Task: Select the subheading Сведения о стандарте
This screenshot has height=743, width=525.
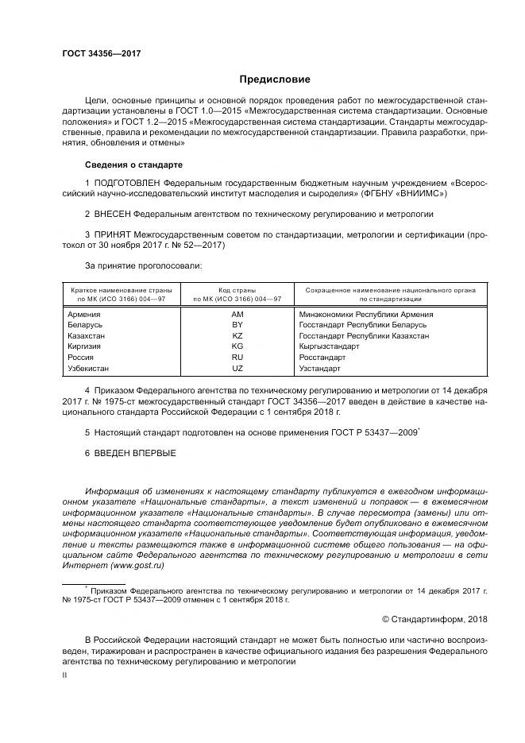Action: (133, 164)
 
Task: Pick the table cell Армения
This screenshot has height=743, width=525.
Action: (85, 315)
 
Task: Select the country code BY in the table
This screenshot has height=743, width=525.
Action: (237, 325)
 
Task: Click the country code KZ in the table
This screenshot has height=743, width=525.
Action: (237, 336)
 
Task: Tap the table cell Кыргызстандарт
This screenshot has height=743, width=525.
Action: (330, 346)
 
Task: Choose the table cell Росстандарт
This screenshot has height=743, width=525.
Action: (322, 358)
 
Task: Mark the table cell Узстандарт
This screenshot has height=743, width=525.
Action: (319, 369)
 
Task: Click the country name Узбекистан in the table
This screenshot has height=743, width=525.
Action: (89, 369)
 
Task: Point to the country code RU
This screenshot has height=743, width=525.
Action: (237, 358)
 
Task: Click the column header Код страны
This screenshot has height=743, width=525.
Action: (237, 290)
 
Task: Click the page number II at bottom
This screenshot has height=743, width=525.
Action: (65, 674)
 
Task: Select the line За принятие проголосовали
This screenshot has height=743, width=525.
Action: (143, 265)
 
